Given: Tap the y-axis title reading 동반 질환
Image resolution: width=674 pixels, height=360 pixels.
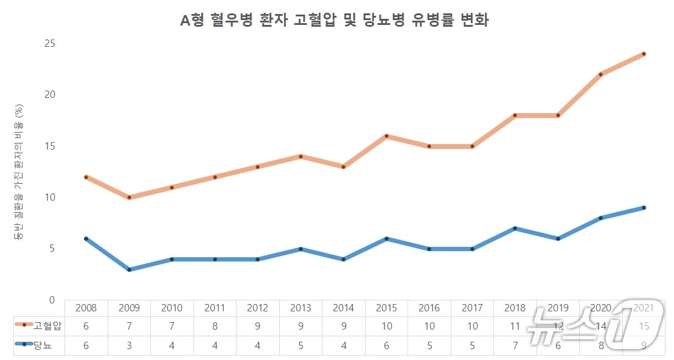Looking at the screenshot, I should click(19, 171).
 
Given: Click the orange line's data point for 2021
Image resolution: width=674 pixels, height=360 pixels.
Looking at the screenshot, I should click(643, 54).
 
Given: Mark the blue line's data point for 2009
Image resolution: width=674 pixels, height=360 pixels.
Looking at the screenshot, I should click(129, 269).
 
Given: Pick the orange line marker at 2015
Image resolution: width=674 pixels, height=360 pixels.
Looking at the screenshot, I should click(386, 136).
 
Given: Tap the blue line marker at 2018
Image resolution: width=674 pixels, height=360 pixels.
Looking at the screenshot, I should click(515, 229).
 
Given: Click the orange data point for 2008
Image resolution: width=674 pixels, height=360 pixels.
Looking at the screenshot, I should click(86, 177).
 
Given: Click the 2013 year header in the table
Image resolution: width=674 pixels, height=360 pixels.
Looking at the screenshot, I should click(301, 308).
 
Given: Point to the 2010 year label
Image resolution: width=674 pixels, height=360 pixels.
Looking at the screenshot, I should click(172, 308).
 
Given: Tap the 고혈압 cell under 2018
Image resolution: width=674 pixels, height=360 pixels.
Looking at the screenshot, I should click(515, 326).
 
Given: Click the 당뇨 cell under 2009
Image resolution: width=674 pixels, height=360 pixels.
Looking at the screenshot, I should click(129, 345).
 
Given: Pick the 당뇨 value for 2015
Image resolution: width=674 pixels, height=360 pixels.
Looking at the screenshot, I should click(386, 345).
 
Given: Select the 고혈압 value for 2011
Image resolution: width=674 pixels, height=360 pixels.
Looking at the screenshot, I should click(215, 326).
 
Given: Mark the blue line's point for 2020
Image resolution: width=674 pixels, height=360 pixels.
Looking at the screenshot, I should click(600, 218).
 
